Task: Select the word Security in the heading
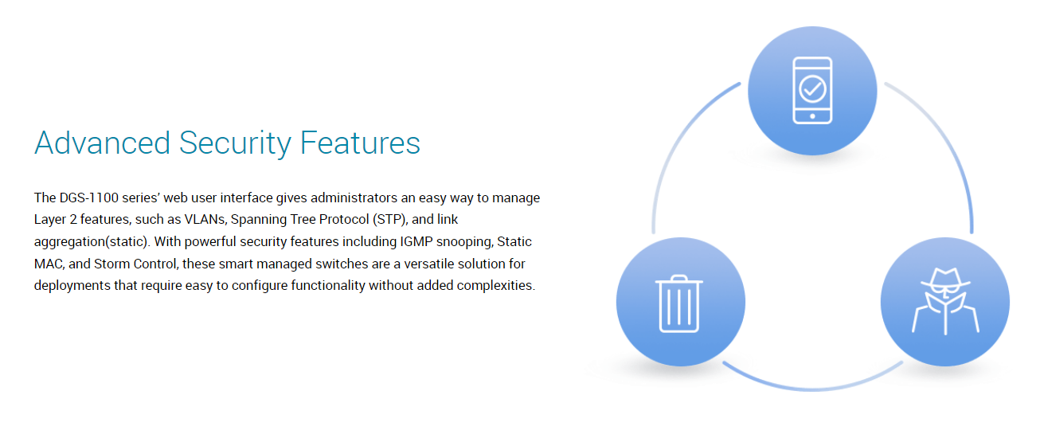pos(236,144)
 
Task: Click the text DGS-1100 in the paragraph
pos(89,198)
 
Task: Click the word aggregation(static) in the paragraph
pos(91,242)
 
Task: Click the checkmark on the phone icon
pos(812,88)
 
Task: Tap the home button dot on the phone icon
pos(812,116)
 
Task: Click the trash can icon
pos(678,304)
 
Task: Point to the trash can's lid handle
pos(678,278)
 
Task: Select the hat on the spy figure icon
pos(946,279)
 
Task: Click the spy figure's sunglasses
pos(946,289)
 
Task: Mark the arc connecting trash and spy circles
pos(812,389)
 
